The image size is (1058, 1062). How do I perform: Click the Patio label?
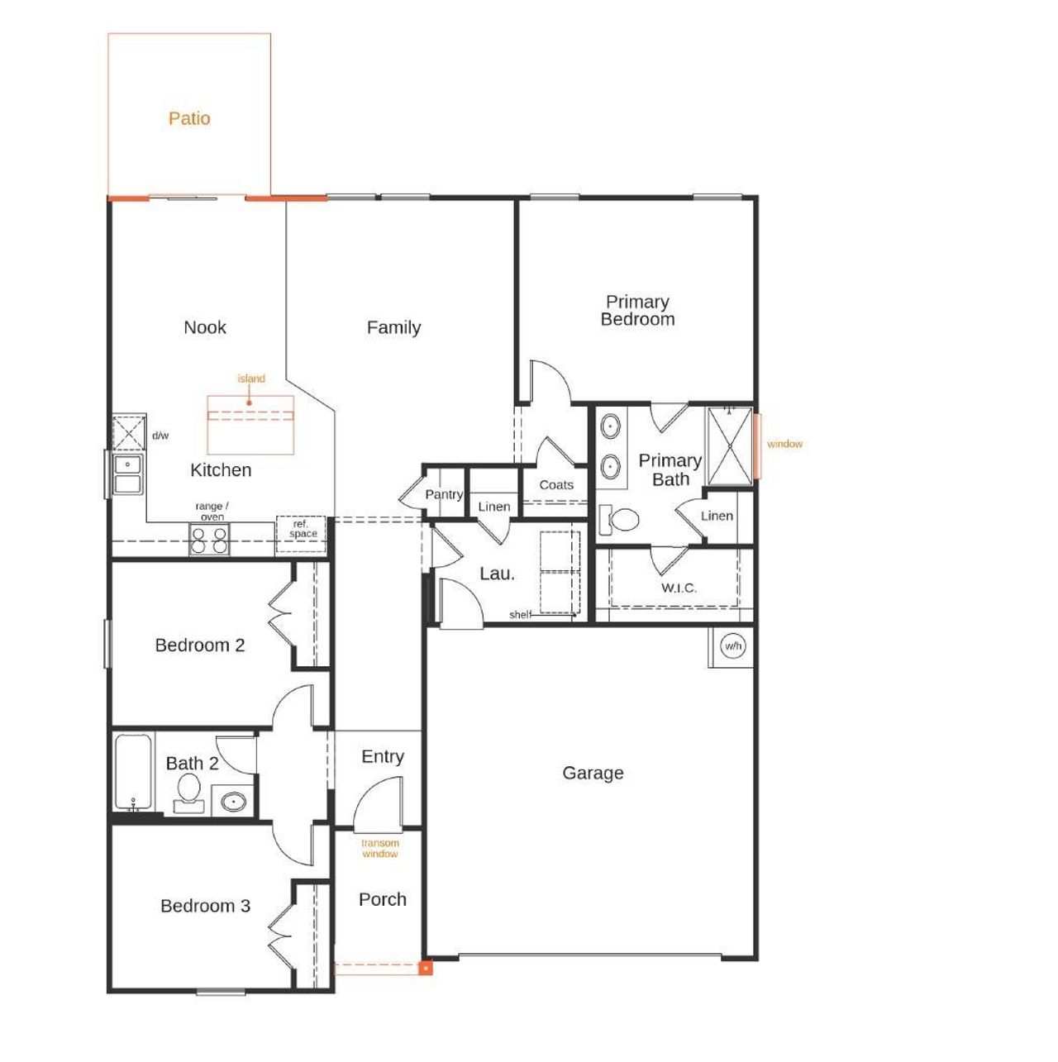189,118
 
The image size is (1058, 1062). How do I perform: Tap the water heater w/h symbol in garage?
732,645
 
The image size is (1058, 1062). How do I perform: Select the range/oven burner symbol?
209,541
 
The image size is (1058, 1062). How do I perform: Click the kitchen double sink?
128,474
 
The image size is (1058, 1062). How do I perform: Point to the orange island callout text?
251,379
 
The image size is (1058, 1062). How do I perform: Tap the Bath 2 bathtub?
133,773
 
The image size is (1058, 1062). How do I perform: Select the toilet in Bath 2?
189,793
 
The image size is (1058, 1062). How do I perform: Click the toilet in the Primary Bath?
622,519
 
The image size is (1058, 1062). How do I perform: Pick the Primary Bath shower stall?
729,445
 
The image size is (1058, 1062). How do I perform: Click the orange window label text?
784,444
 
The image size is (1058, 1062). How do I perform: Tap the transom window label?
380,849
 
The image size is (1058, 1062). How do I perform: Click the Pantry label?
444,494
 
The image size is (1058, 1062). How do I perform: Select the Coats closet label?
556,485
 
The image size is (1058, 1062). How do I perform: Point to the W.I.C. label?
679,588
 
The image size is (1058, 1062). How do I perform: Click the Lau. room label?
497,574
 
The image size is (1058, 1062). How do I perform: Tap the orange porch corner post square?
425,968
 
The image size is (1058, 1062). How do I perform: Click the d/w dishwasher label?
160,436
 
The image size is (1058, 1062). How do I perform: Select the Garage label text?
593,773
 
